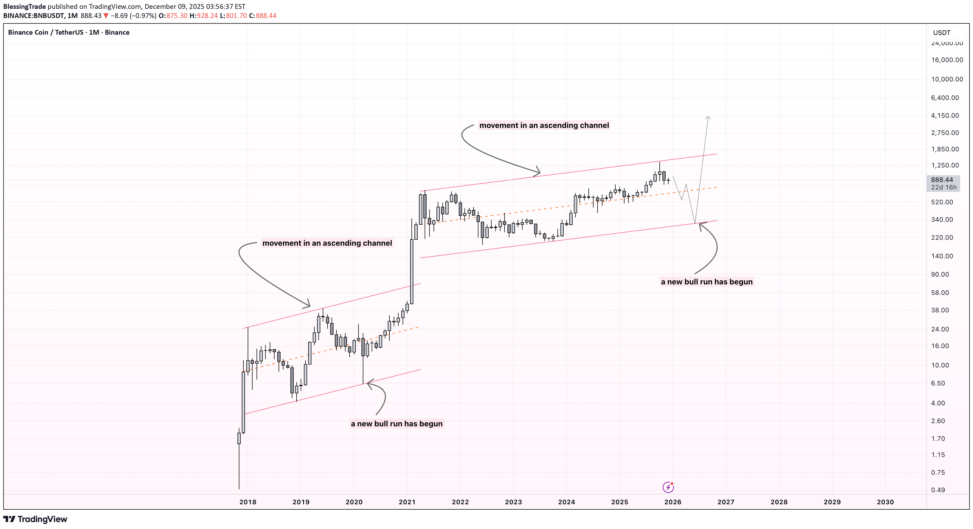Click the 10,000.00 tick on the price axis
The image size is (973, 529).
947,79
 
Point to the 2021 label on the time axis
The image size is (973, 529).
407,502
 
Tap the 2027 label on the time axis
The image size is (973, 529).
726,502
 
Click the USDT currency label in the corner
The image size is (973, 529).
941,33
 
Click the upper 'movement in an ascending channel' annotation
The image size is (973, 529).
544,125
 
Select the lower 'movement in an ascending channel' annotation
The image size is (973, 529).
327,243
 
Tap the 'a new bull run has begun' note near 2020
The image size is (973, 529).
397,424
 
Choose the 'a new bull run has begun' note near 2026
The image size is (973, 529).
706,282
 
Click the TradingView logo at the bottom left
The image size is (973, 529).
35,519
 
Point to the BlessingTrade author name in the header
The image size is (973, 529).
24,6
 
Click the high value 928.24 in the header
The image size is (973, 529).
207,16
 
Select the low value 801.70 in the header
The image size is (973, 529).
236,16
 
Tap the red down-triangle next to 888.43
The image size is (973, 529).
106,16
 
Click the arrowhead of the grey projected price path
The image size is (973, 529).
708,118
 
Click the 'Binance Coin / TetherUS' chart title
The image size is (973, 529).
45,33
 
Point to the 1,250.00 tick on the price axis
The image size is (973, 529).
945,165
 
